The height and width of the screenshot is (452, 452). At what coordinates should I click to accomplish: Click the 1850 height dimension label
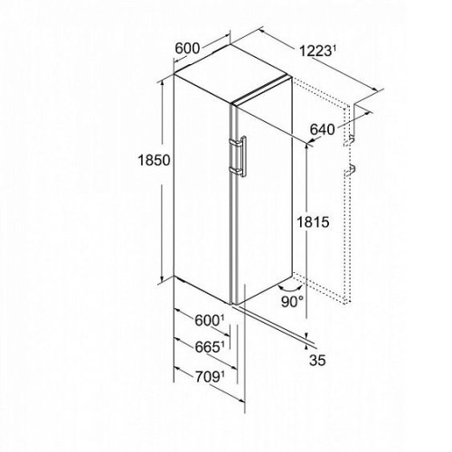tap(154, 160)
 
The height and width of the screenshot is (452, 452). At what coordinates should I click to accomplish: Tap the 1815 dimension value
tap(313, 222)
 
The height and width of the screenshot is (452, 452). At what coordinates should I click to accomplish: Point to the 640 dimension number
tap(322, 129)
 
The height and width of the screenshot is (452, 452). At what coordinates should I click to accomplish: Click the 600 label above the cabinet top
tap(187, 48)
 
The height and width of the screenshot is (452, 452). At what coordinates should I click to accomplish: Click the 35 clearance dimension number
tap(317, 360)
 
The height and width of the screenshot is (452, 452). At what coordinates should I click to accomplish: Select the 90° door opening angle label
tap(292, 302)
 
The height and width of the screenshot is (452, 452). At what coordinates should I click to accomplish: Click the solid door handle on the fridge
tap(238, 156)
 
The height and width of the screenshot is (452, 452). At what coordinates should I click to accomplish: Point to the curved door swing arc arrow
tap(289, 288)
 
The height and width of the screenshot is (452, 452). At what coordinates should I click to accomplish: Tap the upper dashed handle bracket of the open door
tap(349, 140)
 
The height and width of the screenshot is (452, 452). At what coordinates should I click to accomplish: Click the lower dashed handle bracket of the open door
tap(350, 170)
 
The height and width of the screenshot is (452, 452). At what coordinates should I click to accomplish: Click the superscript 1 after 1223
tap(334, 48)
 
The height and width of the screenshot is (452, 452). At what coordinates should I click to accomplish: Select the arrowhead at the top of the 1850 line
tap(162, 83)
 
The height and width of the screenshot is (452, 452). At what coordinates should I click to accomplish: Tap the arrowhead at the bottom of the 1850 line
tap(162, 278)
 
